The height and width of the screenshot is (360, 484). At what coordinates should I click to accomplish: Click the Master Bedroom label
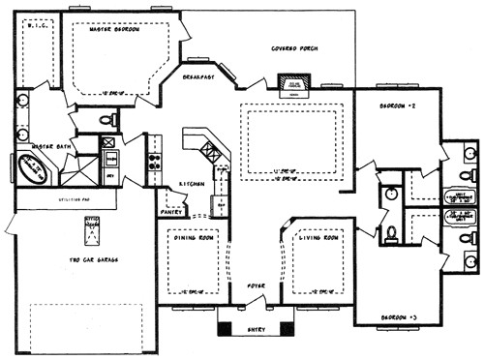(x=114, y=30)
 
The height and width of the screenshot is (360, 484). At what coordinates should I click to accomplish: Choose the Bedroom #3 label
(x=397, y=316)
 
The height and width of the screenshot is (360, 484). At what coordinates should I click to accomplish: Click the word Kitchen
(x=191, y=183)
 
